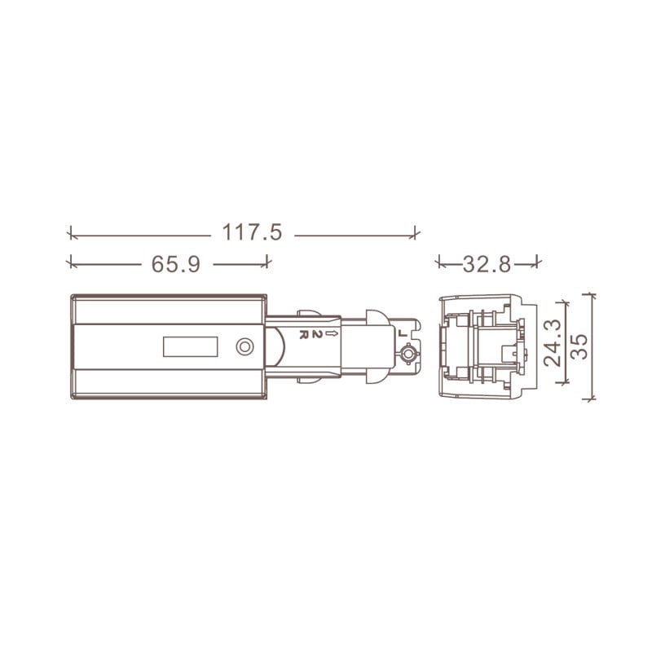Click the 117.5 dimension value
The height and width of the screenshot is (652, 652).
click(x=252, y=232)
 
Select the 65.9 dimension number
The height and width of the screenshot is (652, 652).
click(x=176, y=264)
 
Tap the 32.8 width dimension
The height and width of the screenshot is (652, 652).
click(x=487, y=264)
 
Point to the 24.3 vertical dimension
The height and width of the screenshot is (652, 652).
click(x=553, y=342)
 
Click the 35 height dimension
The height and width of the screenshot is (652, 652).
click(x=579, y=346)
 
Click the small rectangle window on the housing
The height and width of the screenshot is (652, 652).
click(x=191, y=347)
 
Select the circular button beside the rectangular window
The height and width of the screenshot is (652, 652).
click(x=245, y=347)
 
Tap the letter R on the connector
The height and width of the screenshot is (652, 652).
click(x=303, y=335)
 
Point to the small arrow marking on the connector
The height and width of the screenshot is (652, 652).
click(x=333, y=333)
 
